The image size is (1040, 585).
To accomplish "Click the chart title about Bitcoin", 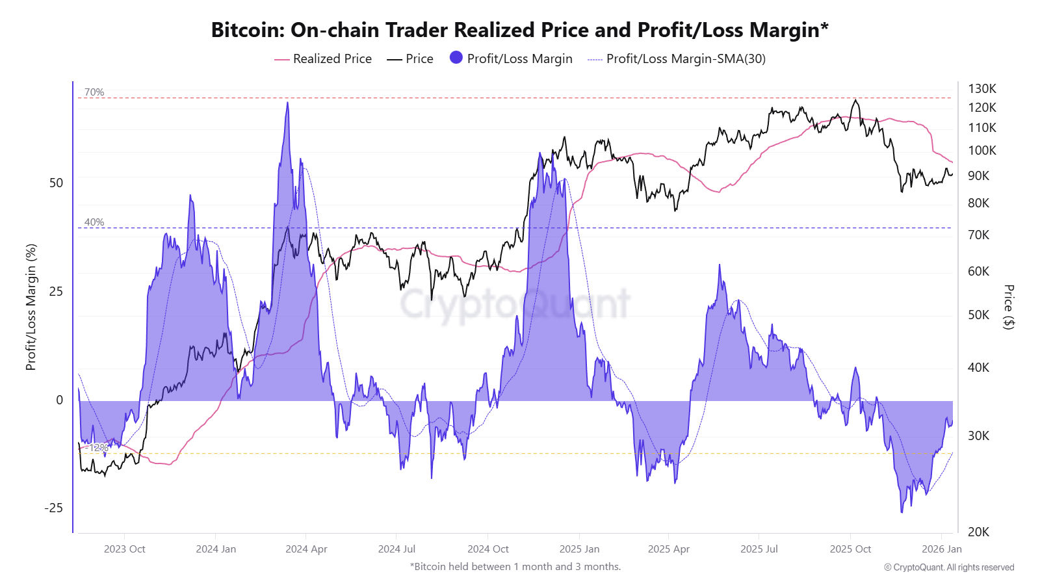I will coord(519,30).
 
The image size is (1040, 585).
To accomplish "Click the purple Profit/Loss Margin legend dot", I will coord(456,58).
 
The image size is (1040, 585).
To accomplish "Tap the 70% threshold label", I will coord(94,92).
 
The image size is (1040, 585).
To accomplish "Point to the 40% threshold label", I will coord(94,222).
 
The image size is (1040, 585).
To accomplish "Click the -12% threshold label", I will coord(98,448).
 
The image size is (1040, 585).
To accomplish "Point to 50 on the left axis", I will coord(57,183).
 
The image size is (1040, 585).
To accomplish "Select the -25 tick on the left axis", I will coord(54,508).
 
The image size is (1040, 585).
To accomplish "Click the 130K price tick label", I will coord(981,88).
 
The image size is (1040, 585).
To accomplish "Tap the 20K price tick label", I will coord(978,532).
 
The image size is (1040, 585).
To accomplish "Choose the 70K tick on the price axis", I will coord(978,235).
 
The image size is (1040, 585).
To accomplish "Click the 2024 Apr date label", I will coord(306,549).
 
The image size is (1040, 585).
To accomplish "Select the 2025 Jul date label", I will coord(759,549).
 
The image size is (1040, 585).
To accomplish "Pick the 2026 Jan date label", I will coord(941,549).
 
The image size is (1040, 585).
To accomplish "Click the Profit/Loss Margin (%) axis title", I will coord(31,307).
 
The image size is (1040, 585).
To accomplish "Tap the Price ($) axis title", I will coord(1008,307).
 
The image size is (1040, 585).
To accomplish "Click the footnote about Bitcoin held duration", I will coord(515,567).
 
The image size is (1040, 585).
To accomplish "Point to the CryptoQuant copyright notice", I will coord(948,567).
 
